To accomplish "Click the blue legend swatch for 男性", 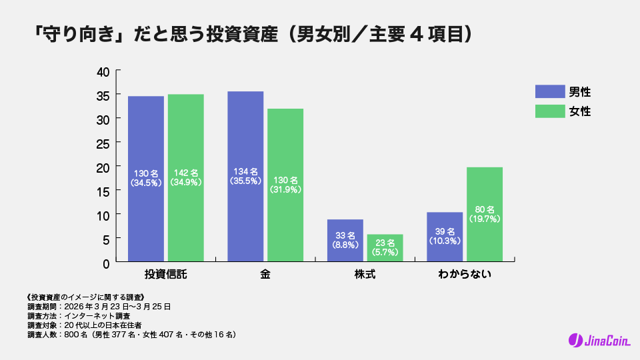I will click(549, 92).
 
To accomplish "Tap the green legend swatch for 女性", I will click(549, 111).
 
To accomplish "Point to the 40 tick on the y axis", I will click(103, 71).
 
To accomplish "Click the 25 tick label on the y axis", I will click(103, 143).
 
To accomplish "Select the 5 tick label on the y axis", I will click(106, 239).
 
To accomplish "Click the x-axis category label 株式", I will click(365, 275).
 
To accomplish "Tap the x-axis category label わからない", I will click(465, 275).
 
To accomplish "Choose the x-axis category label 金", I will click(265, 275).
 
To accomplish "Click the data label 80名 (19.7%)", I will click(485, 213).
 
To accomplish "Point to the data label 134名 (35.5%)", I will click(245, 175).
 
